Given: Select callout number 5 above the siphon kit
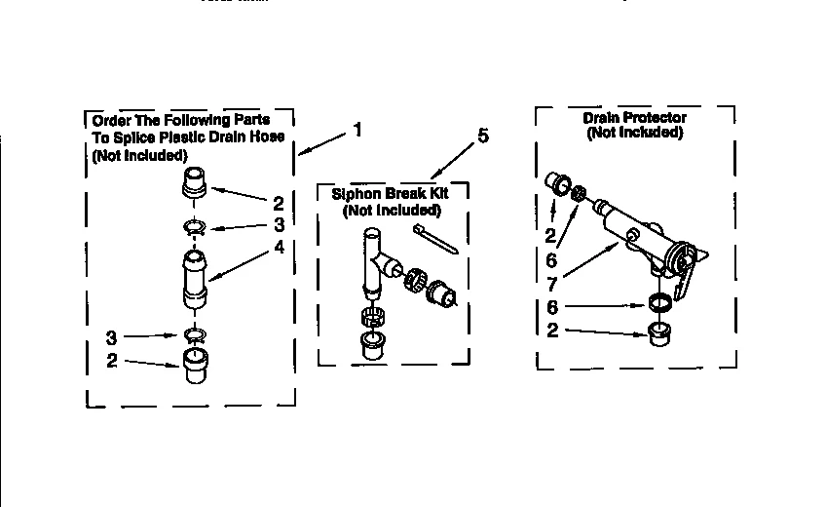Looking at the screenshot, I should tap(482, 136).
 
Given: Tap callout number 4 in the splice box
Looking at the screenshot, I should tap(279, 247).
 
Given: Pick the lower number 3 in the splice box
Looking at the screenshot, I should tap(113, 338).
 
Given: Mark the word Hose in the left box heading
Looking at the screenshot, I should tap(265, 136).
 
